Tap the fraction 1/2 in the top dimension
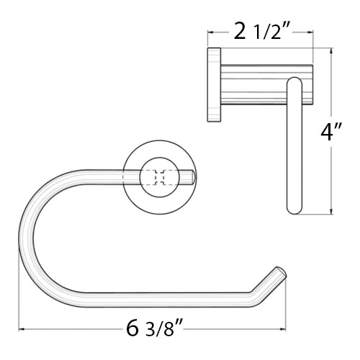[269, 33]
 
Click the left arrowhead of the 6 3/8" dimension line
[22, 329]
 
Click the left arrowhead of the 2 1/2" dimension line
[211, 32]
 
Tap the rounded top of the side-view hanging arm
[294, 82]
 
